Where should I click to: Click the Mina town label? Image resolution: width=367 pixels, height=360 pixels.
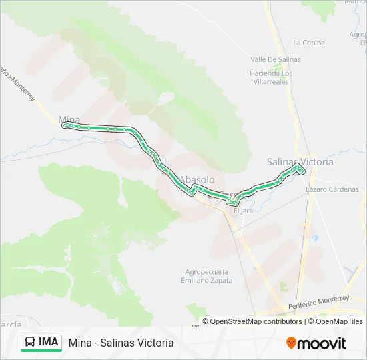[69, 119]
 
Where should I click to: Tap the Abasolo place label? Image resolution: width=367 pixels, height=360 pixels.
[197, 180]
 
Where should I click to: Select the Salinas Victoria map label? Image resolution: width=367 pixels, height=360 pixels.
[300, 161]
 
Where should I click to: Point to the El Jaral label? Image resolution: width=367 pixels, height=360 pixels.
[244, 211]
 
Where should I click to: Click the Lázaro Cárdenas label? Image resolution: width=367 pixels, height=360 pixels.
[336, 189]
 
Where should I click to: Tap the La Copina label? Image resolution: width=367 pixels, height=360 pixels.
[309, 43]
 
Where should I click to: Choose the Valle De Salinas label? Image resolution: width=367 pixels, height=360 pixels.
[276, 59]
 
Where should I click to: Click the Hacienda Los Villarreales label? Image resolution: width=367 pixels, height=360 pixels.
[272, 77]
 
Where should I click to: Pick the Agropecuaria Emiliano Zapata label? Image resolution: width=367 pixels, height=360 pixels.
[207, 276]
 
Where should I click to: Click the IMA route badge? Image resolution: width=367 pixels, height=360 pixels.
[48, 342]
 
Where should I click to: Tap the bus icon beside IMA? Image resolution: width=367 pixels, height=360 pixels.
[30, 342]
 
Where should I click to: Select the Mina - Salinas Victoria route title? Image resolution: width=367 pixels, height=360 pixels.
[121, 343]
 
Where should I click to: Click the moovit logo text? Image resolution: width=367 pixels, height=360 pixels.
[322, 343]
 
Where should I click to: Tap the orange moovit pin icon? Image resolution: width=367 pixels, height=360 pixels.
[291, 343]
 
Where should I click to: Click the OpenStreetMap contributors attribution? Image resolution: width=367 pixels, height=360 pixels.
[256, 321]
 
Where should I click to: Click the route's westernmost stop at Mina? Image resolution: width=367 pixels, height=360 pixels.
[63, 125]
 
